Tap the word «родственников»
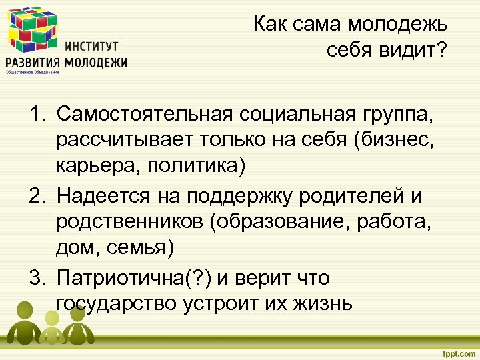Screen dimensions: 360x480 [x=131, y=223]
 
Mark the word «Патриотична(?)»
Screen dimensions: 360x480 [x=130, y=277]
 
